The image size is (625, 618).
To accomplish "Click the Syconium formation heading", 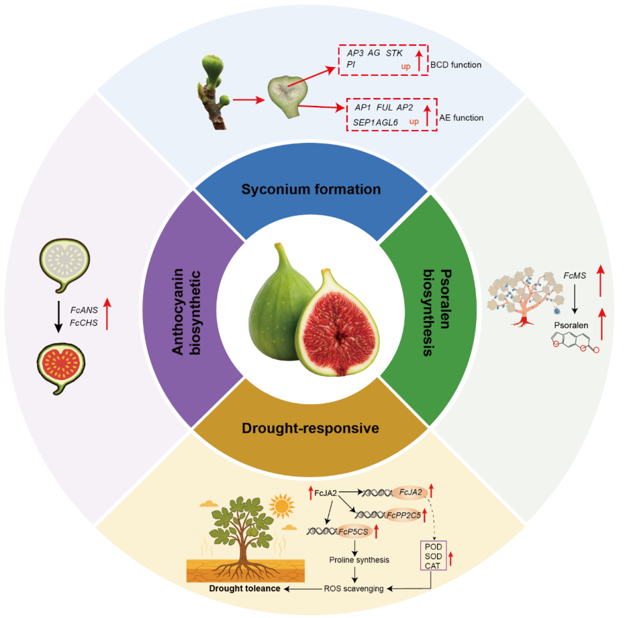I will pyautogui.click(x=311, y=190).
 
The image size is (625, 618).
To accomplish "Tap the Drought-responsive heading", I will pyautogui.click(x=311, y=428).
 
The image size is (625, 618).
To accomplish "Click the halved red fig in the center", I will pyautogui.click(x=338, y=325).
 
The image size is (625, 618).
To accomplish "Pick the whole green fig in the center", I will pyautogui.click(x=276, y=305).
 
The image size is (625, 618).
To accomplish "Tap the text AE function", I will pyautogui.click(x=462, y=118).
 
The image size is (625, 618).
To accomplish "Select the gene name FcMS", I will pyautogui.click(x=574, y=276).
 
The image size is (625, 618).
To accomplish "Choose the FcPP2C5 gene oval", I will pyautogui.click(x=403, y=515).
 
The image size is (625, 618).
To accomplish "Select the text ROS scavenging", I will pyautogui.click(x=354, y=589).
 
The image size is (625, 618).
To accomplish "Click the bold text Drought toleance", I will pyautogui.click(x=244, y=589).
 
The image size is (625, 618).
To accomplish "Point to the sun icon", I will pyautogui.click(x=282, y=506).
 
